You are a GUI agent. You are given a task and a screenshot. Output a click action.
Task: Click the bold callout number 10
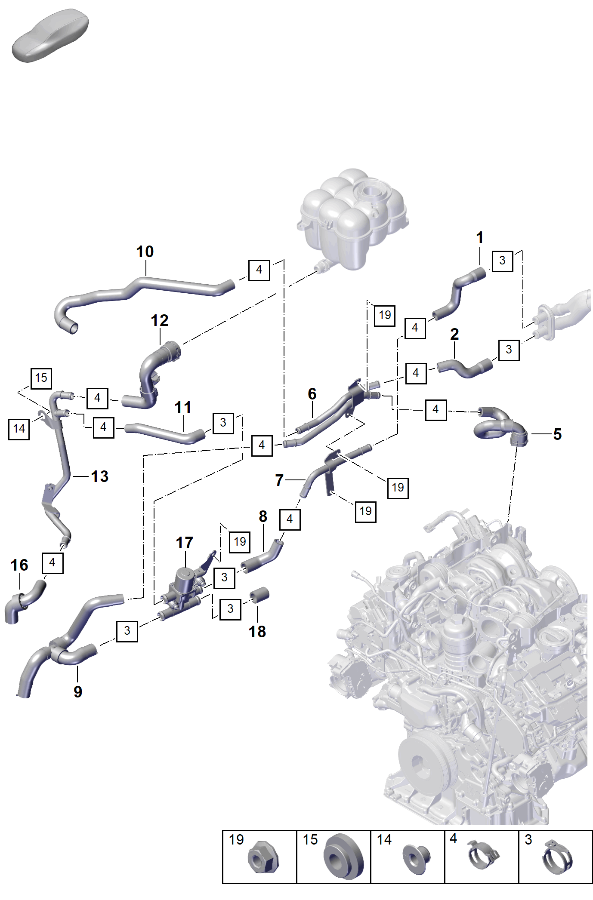(x=145, y=252)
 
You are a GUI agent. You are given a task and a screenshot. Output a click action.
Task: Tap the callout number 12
(x=160, y=320)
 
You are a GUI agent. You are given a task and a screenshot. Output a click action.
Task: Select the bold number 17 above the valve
(x=185, y=543)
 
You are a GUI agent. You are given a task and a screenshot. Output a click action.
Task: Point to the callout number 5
(x=557, y=434)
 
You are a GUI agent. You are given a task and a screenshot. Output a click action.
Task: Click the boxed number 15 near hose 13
(x=41, y=378)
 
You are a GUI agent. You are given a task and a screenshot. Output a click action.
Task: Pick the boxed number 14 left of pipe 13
(x=19, y=429)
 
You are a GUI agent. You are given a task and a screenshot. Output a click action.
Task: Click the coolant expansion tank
(x=353, y=219)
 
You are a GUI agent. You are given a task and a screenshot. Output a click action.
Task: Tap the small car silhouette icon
(x=50, y=35)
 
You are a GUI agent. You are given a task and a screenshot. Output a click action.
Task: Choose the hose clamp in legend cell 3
(x=558, y=859)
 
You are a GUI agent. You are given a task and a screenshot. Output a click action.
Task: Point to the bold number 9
(x=77, y=691)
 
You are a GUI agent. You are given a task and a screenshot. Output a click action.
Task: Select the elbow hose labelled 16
(x=24, y=600)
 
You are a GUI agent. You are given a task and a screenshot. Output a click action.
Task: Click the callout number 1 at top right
(x=480, y=237)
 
